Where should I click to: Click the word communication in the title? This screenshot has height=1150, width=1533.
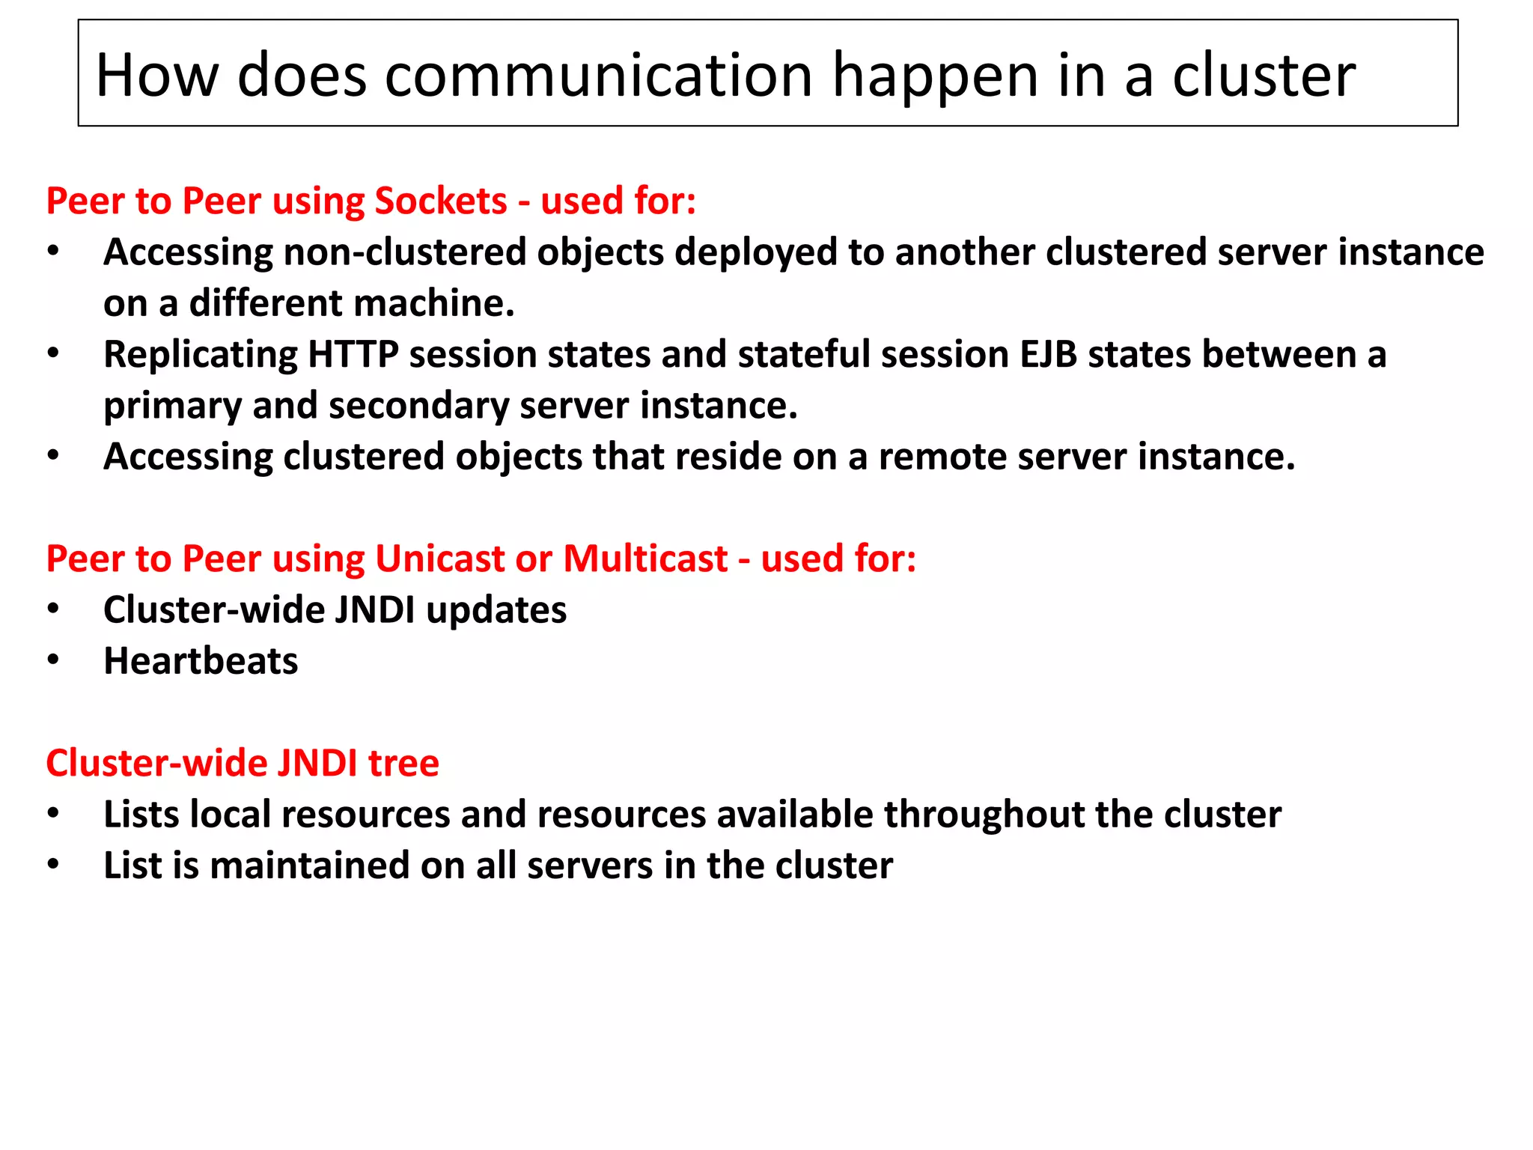(x=598, y=76)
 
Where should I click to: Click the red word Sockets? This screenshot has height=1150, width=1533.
(x=441, y=201)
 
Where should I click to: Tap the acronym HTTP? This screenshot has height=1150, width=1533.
(x=353, y=354)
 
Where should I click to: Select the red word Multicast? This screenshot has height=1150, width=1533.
(x=645, y=559)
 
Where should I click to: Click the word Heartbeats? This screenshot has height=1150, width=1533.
(x=201, y=661)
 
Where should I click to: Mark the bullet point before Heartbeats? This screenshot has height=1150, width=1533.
(x=53, y=660)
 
